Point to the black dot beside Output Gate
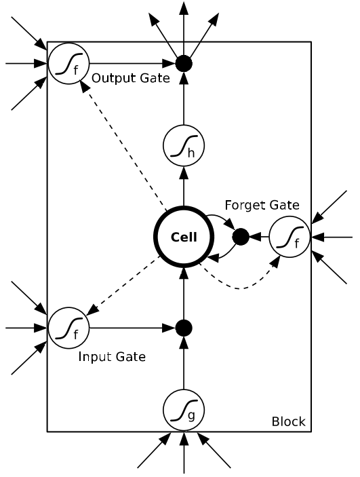(184, 64)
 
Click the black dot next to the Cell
(241, 237)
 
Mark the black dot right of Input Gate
(184, 328)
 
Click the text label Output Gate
(131, 78)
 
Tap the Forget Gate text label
(262, 205)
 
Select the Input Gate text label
(112, 357)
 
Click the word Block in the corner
(289, 421)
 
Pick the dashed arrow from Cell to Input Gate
(123, 286)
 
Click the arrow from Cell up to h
(184, 186)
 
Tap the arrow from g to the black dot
(184, 363)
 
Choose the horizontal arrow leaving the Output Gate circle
(133, 64)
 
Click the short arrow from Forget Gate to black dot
(259, 237)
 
